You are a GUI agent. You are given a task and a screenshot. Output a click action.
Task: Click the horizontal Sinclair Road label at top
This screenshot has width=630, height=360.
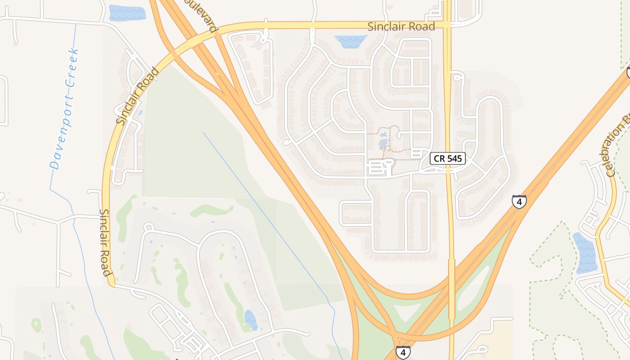coord(401,27)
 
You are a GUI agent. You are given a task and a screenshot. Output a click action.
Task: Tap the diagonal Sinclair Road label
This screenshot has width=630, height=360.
coord(137,96)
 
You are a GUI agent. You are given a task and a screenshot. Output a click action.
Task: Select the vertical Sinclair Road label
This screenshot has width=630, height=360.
coord(105,242)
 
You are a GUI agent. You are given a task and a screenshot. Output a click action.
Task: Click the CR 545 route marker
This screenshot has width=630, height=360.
coord(447,158)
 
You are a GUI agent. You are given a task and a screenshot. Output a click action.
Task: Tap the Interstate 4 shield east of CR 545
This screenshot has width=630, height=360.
coord(519,201)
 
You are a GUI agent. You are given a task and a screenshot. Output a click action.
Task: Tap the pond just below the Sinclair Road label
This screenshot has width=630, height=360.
coord(351,41)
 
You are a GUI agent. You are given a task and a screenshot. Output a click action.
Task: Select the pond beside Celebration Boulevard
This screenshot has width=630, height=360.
coord(586,253)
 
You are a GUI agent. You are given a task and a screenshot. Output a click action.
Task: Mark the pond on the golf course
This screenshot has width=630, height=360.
coord(250,320)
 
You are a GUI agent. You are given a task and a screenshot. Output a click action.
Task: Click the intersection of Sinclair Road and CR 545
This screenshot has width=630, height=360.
coord(447,25)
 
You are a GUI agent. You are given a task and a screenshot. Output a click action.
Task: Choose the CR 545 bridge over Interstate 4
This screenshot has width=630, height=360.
coord(451,288)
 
